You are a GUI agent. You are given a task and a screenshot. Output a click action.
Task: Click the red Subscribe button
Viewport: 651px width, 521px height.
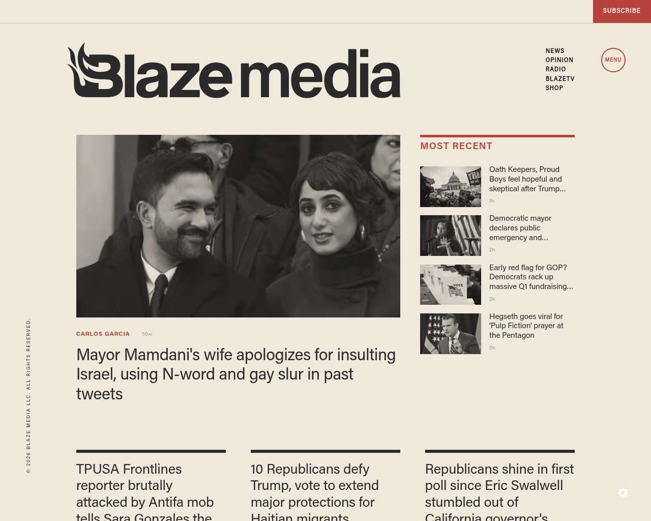click(x=622, y=11)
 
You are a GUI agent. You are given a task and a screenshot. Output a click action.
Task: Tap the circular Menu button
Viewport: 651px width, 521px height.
click(x=613, y=60)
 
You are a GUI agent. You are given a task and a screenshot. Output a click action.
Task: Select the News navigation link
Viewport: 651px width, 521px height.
click(x=554, y=51)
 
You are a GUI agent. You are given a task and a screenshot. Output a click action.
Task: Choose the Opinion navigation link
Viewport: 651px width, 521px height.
click(x=559, y=60)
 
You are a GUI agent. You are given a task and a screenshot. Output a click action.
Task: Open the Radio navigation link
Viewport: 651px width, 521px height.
click(x=555, y=69)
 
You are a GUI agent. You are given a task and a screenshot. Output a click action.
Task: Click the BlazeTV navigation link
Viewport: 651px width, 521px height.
click(x=559, y=79)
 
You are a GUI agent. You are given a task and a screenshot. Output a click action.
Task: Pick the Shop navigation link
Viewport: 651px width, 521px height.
click(x=554, y=88)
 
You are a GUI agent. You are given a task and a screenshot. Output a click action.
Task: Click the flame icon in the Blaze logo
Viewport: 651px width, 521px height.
click(x=81, y=66)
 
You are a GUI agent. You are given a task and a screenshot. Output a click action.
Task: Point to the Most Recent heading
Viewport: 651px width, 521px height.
click(x=456, y=146)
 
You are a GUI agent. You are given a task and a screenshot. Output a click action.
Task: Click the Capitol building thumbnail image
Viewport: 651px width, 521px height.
click(x=450, y=187)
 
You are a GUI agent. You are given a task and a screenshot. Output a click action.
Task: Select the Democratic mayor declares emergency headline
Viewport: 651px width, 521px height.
click(x=520, y=228)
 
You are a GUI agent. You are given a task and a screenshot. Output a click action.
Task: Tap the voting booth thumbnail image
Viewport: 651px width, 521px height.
click(x=450, y=284)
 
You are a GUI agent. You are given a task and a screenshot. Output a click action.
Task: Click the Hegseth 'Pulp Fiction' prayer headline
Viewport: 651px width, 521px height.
click(x=526, y=326)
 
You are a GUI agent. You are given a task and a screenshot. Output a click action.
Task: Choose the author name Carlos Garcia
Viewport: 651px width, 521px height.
click(x=103, y=334)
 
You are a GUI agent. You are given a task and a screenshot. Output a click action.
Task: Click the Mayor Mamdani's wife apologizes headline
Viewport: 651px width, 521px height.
click(x=235, y=374)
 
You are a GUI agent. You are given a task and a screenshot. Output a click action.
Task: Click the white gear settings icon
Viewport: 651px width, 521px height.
click(x=623, y=493)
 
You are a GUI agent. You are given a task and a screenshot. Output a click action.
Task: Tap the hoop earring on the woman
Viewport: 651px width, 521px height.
click(x=362, y=233)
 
